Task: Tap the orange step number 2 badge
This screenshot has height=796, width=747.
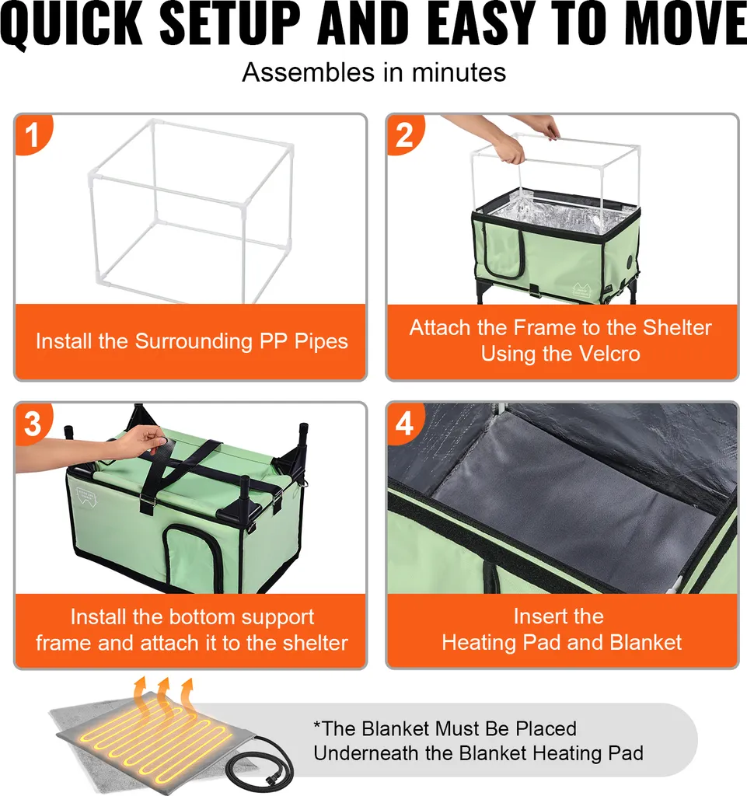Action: pos(404,134)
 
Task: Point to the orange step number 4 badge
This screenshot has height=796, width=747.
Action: pos(404,422)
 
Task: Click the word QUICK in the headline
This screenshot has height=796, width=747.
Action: pos(71,24)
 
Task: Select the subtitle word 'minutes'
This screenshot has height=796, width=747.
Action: pos(459,72)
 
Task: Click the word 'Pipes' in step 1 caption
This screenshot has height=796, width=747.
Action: pos(321,342)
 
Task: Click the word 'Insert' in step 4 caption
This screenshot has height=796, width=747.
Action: pos(537,616)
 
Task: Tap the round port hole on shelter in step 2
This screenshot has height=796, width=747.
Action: pos(630,263)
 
